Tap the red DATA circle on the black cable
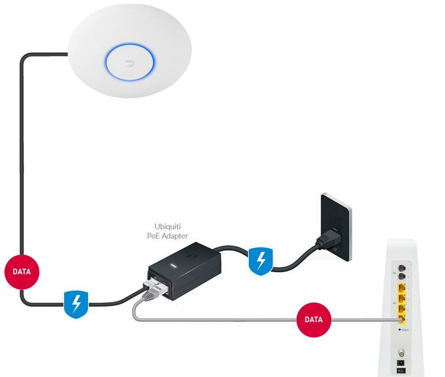coord(21,272)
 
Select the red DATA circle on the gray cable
coord(314,320)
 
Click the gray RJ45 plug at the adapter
coord(152,291)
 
